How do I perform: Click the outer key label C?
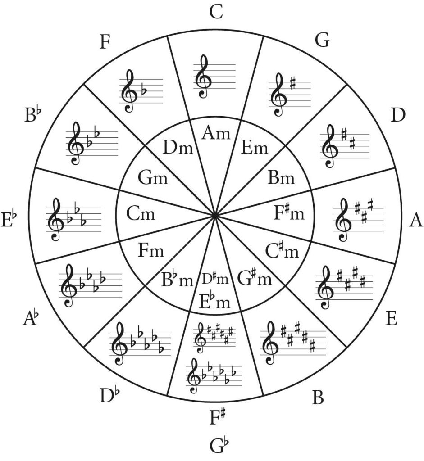click(216, 12)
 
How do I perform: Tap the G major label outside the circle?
click(322, 40)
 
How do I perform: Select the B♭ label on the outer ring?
click(33, 115)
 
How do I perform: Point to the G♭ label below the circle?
click(219, 446)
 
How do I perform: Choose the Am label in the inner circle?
click(216, 133)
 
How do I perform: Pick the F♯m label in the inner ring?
click(289, 212)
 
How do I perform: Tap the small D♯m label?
click(215, 279)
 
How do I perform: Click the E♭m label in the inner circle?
click(215, 301)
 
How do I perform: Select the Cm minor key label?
click(141, 213)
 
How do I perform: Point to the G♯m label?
click(254, 278)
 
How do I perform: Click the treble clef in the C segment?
click(203, 77)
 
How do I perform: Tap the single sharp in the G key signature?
click(292, 83)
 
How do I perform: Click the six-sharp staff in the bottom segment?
click(215, 337)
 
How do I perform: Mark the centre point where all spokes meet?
click(215, 216)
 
